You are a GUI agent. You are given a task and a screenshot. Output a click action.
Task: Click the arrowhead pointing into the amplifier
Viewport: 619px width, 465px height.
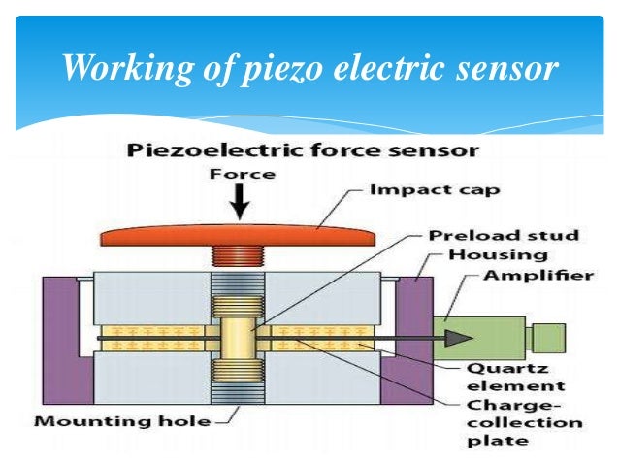coord(455,337)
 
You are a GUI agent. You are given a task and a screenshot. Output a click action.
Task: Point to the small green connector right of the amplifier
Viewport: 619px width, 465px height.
coord(549,336)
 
